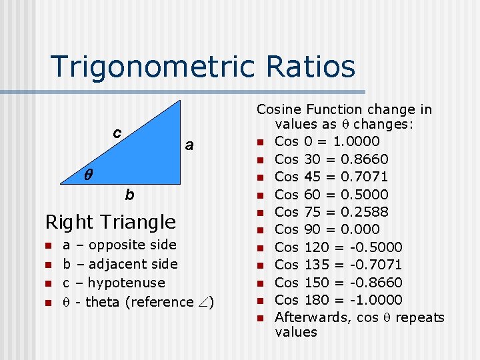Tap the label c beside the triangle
click(x=116, y=133)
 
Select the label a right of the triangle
click(x=189, y=145)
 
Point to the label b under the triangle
click(x=129, y=195)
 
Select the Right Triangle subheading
click(x=110, y=222)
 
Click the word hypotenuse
click(x=126, y=283)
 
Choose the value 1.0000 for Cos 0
click(x=356, y=141)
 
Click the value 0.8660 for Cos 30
click(x=364, y=159)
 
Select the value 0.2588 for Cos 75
click(x=364, y=212)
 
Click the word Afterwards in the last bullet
click(x=311, y=317)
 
